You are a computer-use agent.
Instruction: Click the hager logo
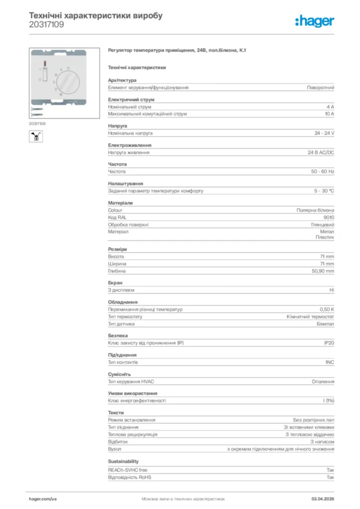click(x=315, y=20)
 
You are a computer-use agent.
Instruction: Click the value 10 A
click(x=329, y=114)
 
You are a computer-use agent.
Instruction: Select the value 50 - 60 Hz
click(x=323, y=171)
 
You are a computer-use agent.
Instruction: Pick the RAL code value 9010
click(x=329, y=217)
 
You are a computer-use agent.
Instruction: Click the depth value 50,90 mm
click(x=323, y=271)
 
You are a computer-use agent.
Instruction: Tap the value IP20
click(x=329, y=343)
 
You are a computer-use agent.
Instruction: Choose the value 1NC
click(x=329, y=362)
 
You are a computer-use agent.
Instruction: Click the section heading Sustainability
click(x=123, y=462)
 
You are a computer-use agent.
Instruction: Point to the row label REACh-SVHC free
click(x=128, y=470)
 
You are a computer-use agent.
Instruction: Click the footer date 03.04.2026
click(x=323, y=498)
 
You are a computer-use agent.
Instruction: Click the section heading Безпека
click(x=118, y=336)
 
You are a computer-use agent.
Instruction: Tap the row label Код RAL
click(x=117, y=217)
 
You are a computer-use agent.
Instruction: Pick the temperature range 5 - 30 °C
click(x=324, y=191)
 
